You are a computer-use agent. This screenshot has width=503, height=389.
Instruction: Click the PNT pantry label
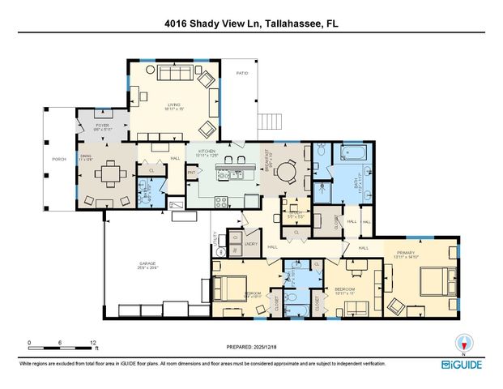pos(192,173)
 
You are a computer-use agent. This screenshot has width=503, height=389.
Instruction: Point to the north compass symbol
pos(463,343)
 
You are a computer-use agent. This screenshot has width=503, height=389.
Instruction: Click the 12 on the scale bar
pos(94,343)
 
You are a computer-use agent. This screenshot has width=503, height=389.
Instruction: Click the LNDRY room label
pos(252,243)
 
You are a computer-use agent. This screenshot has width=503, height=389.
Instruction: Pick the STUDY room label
pos(295,212)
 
